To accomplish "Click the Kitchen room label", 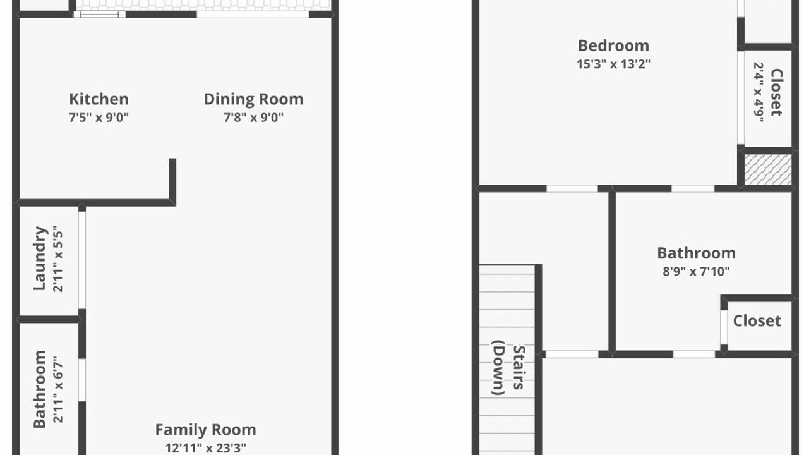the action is coord(99,99).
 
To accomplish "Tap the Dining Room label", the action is coord(254,99).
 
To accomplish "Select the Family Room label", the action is coord(206,430).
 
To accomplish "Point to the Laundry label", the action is coord(40,258).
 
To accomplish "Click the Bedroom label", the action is coord(613,46).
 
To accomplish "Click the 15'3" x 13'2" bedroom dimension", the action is coord(613,64).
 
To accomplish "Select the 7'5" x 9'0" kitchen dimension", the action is coord(99,118).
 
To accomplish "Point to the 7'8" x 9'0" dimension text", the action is coord(253,118).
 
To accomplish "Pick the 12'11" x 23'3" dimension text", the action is coord(206,448).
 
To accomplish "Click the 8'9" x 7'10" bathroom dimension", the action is coord(697,272).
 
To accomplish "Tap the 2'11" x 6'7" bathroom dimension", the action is coord(57,390).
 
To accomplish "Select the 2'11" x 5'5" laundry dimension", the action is coord(57,258).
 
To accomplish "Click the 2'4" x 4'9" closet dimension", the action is coord(758,92).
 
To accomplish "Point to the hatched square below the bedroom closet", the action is coord(768,169).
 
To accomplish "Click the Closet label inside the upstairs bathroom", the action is coord(757,321).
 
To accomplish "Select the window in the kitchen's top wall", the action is coord(100,15).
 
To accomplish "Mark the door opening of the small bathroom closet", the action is coord(724,327).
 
